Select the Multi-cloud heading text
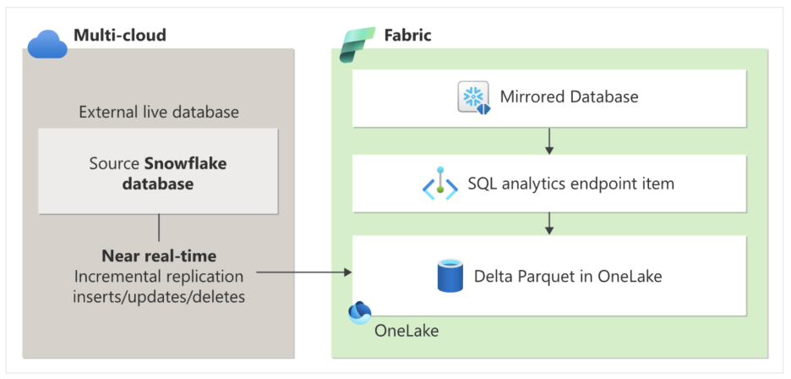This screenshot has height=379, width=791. (119, 36)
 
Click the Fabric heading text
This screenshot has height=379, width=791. (407, 36)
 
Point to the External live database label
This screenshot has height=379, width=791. (159, 113)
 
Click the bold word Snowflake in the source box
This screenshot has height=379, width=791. (186, 163)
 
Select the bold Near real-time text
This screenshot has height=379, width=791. (159, 256)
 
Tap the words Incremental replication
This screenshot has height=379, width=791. (159, 276)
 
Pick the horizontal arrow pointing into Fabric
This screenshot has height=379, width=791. (303, 272)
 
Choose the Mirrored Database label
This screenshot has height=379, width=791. (569, 96)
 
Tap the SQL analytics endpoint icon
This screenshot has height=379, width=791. (439, 184)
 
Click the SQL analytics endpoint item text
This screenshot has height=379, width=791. (570, 183)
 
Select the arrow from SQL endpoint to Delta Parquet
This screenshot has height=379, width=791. (549, 222)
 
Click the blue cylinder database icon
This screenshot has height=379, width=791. (450, 276)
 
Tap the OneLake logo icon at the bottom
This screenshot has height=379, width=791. (361, 312)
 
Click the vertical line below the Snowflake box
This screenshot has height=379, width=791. (159, 228)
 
